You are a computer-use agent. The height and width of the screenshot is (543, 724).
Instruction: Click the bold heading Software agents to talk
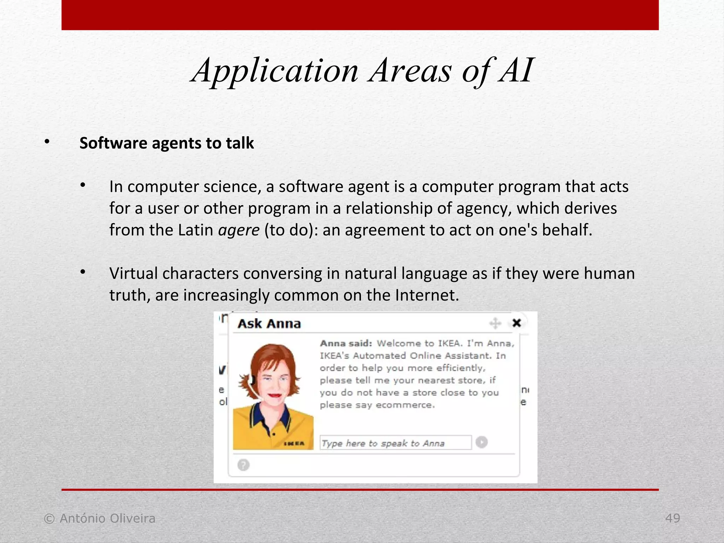pos(167,143)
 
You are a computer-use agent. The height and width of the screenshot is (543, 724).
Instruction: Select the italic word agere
pos(239,230)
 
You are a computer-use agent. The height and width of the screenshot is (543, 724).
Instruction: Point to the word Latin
pos(195,230)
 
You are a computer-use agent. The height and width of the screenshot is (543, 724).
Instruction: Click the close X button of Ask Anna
pos(516,323)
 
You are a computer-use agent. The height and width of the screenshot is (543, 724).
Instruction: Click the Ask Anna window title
pos(269,323)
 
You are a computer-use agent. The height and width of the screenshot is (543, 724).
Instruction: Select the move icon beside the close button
pos(495,323)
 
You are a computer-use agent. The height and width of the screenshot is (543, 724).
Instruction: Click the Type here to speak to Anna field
pos(395,443)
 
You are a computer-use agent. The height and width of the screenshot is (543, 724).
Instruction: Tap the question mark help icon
pos(243,465)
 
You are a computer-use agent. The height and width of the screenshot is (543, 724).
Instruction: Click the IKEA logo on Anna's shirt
pos(294,443)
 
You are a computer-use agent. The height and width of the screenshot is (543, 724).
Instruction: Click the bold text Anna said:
pos(346,343)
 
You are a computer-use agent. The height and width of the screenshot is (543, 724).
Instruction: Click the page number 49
pos(672,518)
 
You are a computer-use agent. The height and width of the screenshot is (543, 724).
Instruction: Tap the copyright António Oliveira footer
pos(100,518)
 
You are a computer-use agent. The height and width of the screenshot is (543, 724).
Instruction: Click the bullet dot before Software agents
pos(47,142)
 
